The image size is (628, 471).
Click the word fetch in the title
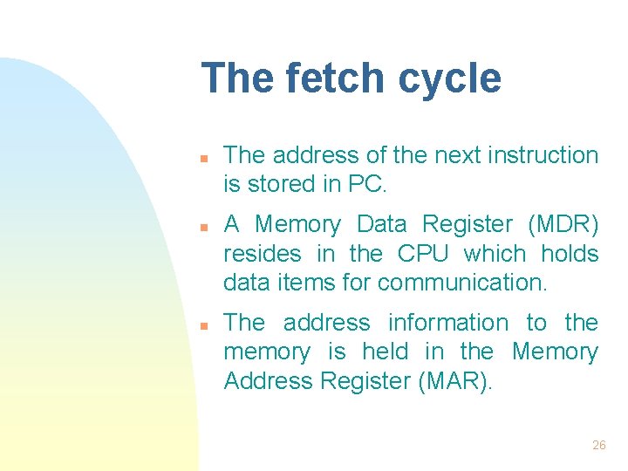pos(329,78)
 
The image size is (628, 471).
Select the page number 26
pos(598,445)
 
